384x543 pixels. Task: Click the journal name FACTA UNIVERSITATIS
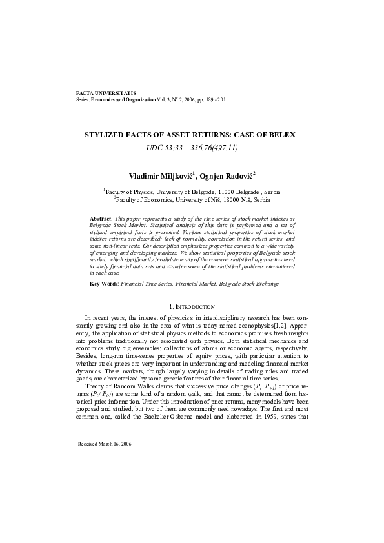click(106, 94)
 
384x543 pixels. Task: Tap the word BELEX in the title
click(281, 135)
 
